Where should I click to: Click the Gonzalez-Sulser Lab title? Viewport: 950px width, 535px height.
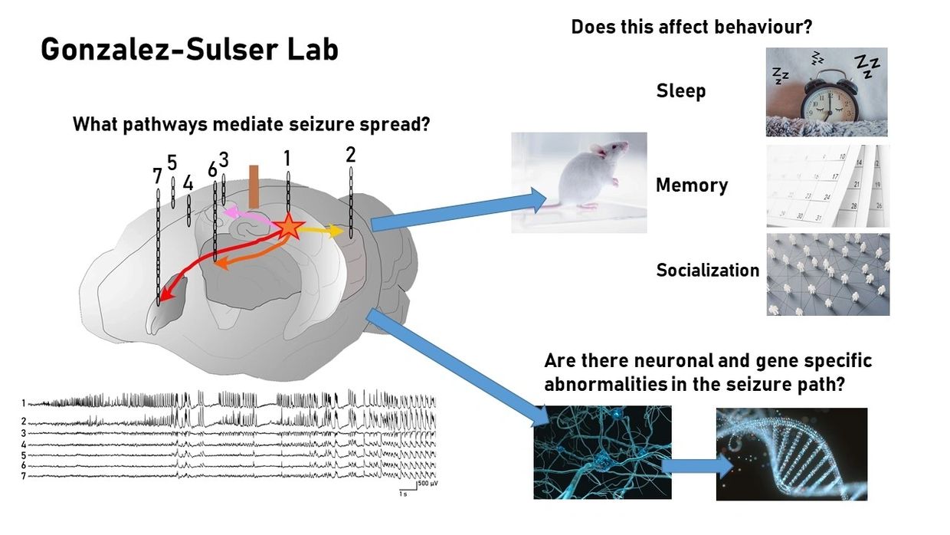tap(188, 51)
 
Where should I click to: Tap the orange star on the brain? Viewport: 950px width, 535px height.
tap(289, 227)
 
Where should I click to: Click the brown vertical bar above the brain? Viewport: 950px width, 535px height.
tap(254, 185)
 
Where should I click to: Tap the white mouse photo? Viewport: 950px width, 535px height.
tap(578, 182)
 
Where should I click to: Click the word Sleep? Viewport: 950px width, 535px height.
tap(680, 91)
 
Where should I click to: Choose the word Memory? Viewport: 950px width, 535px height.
tap(691, 185)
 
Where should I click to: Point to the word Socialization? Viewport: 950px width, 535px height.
tap(707, 270)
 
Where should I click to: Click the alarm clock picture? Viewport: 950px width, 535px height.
tap(827, 92)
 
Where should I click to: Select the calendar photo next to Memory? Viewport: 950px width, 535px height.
tap(827, 185)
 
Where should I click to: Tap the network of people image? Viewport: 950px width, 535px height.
tap(827, 274)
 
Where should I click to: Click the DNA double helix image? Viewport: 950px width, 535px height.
tap(791, 454)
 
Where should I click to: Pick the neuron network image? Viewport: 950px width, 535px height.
tap(602, 452)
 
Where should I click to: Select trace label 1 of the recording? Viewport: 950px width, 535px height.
tap(24, 402)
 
